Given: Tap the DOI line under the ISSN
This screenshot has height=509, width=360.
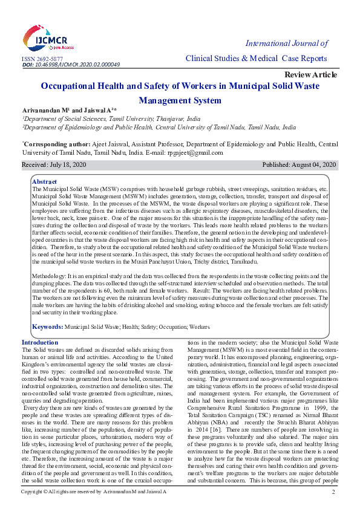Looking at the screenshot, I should point(71,64).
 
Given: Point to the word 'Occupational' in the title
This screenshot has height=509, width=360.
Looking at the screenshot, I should point(75,86).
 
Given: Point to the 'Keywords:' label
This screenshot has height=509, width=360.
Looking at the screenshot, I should point(48,326).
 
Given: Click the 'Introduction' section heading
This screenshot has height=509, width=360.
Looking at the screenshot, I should point(40,343).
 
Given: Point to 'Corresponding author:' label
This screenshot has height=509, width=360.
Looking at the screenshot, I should point(57,145).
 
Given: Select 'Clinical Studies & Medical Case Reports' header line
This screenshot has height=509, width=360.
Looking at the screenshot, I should point(256,58).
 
